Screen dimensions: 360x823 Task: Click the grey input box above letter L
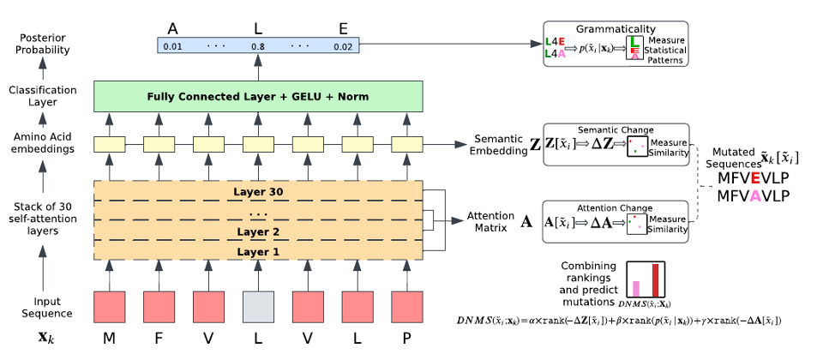[x=258, y=306]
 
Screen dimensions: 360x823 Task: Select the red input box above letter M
[x=109, y=306]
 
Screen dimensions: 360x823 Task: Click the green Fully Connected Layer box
[x=258, y=97]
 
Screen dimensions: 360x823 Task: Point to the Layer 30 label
[x=258, y=190]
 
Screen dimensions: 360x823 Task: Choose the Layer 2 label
[x=258, y=232]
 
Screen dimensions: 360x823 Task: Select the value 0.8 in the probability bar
[x=258, y=46]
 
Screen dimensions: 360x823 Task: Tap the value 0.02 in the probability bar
[x=343, y=46]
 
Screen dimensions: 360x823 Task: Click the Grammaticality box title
[x=615, y=28]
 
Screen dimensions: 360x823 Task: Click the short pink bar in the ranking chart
[x=635, y=288]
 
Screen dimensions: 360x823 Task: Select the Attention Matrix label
[x=490, y=221]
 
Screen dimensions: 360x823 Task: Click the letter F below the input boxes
[x=159, y=339]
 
